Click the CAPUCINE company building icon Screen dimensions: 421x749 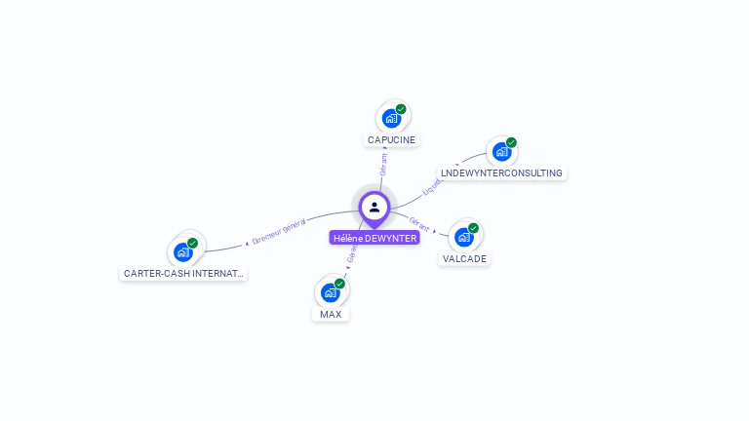(x=391, y=119)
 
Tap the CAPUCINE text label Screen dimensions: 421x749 (x=391, y=140)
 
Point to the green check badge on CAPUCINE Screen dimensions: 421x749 (x=401, y=109)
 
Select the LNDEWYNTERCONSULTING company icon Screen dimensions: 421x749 (x=501, y=152)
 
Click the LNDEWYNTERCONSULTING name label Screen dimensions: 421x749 (x=501, y=173)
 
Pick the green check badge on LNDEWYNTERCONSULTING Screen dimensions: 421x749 (x=511, y=142)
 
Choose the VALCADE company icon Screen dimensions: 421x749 (x=464, y=237)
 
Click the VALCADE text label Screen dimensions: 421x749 (x=464, y=259)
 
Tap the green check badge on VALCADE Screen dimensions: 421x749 (x=474, y=228)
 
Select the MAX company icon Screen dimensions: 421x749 (x=331, y=292)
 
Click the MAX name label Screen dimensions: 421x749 (x=331, y=315)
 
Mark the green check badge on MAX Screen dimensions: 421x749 (x=340, y=284)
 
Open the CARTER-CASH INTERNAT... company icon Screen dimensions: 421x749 (x=183, y=251)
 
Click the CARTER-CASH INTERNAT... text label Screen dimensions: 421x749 (x=183, y=274)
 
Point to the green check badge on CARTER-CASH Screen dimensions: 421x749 (x=193, y=243)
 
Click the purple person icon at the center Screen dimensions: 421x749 (x=374, y=207)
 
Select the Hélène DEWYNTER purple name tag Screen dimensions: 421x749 (x=374, y=238)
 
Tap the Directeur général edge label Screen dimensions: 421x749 (x=279, y=232)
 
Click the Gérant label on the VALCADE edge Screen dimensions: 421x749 (x=420, y=223)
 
